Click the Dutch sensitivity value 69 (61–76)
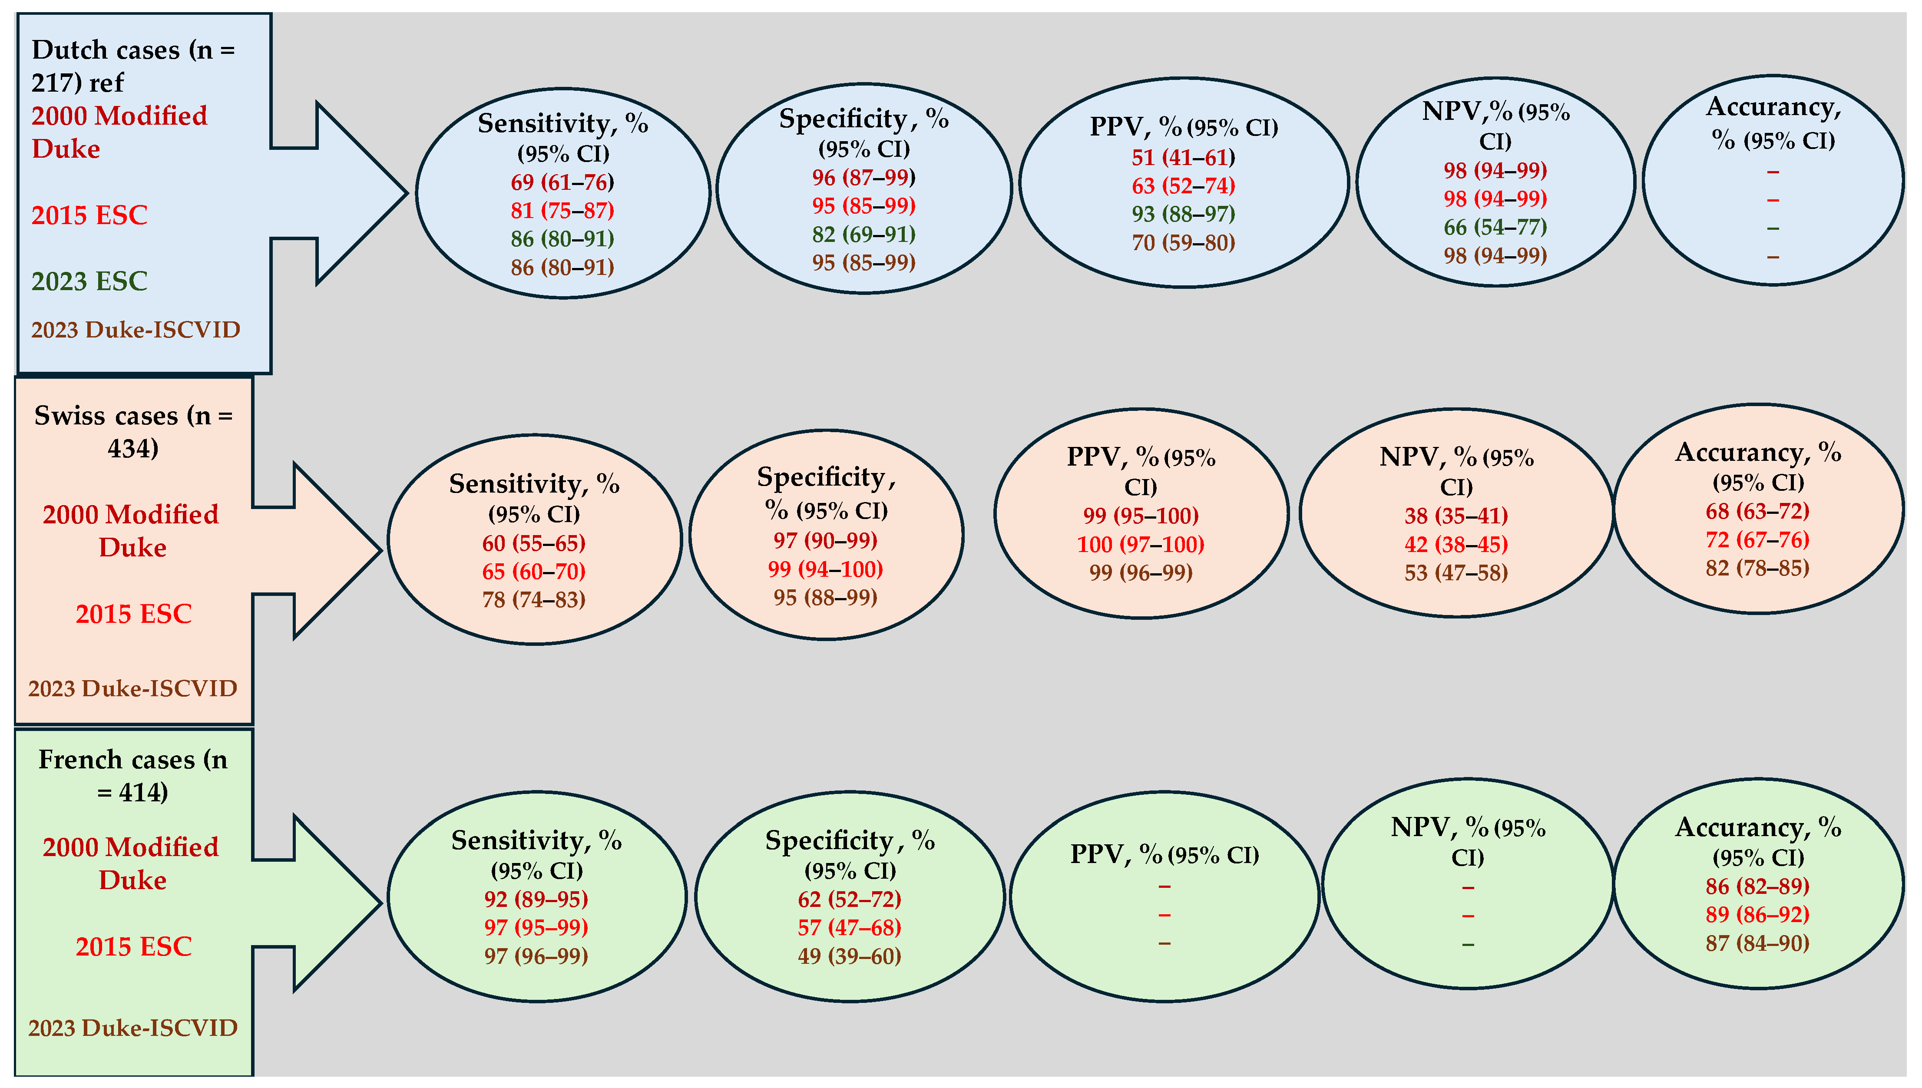(562, 182)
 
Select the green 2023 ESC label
(89, 281)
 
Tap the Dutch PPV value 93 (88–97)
(1183, 215)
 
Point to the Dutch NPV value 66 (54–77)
(1495, 227)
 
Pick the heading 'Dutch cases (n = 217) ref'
(132, 66)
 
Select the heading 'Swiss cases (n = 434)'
(133, 431)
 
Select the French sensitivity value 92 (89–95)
(536, 899)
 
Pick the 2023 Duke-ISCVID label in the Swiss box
(133, 688)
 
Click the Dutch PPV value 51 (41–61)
(1183, 158)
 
